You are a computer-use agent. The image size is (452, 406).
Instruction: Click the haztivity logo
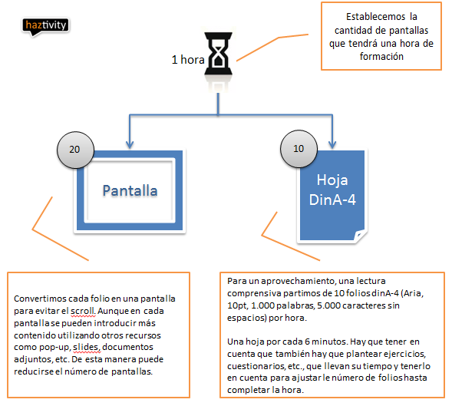(x=45, y=27)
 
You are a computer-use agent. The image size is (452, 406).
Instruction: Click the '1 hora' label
(x=188, y=60)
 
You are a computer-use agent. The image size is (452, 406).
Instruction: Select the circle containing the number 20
(x=75, y=150)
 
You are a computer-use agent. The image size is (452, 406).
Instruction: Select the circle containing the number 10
(x=299, y=149)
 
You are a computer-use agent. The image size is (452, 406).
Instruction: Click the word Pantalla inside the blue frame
(x=130, y=190)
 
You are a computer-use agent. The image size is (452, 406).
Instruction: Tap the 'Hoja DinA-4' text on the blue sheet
(x=332, y=190)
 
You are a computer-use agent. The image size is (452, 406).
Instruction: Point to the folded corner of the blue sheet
(x=359, y=235)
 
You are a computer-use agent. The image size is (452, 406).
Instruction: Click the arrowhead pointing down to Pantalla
(x=130, y=144)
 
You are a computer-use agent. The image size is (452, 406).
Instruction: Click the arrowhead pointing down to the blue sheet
(x=332, y=144)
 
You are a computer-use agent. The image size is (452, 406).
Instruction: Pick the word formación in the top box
(x=381, y=57)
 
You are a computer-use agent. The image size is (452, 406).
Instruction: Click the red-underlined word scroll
(x=83, y=311)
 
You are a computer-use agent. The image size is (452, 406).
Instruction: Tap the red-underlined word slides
(x=87, y=347)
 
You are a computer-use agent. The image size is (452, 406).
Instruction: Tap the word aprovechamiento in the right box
(x=297, y=281)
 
